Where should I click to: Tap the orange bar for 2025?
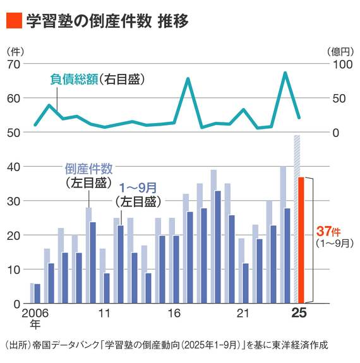(302, 240)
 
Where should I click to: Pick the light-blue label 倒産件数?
(88, 169)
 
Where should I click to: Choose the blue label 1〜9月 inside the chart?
(138, 187)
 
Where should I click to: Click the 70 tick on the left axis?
(15, 64)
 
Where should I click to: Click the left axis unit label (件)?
(14, 51)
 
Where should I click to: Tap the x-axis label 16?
(174, 314)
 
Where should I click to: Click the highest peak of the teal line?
(285, 73)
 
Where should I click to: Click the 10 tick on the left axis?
(15, 270)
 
